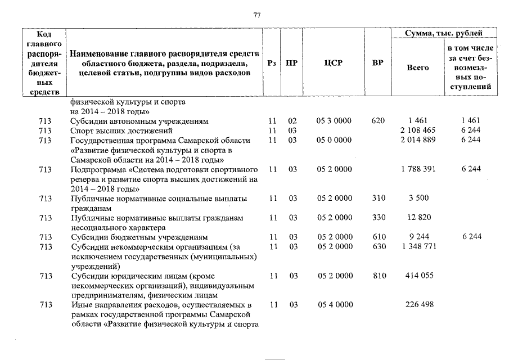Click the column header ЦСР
pyautogui.click(x=334, y=63)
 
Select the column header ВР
pyautogui.click(x=378, y=63)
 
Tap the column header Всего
pyautogui.click(x=417, y=67)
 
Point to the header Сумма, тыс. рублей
pyautogui.click(x=444, y=34)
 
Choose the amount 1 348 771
pyautogui.click(x=417, y=247)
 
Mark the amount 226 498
pyautogui.click(x=417, y=305)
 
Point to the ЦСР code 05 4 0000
pyautogui.click(x=335, y=305)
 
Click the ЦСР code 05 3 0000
pyautogui.click(x=335, y=121)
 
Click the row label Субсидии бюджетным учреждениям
pyautogui.click(x=139, y=237)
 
